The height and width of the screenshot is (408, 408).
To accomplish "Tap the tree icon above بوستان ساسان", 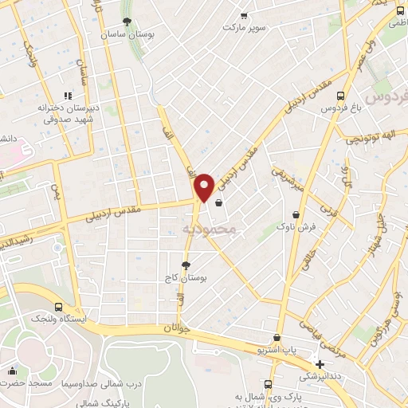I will (x=127, y=22).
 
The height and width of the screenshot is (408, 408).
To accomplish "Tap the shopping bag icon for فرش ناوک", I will (x=296, y=214).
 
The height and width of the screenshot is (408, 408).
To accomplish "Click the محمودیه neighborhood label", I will (x=210, y=229).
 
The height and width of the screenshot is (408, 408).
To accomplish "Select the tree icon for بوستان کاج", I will (x=186, y=265).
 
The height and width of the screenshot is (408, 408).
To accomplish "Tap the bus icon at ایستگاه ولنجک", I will (x=58, y=307).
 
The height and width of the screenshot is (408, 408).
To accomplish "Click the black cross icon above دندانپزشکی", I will (x=320, y=364).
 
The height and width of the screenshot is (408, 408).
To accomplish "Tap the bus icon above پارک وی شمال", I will (x=268, y=383).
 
